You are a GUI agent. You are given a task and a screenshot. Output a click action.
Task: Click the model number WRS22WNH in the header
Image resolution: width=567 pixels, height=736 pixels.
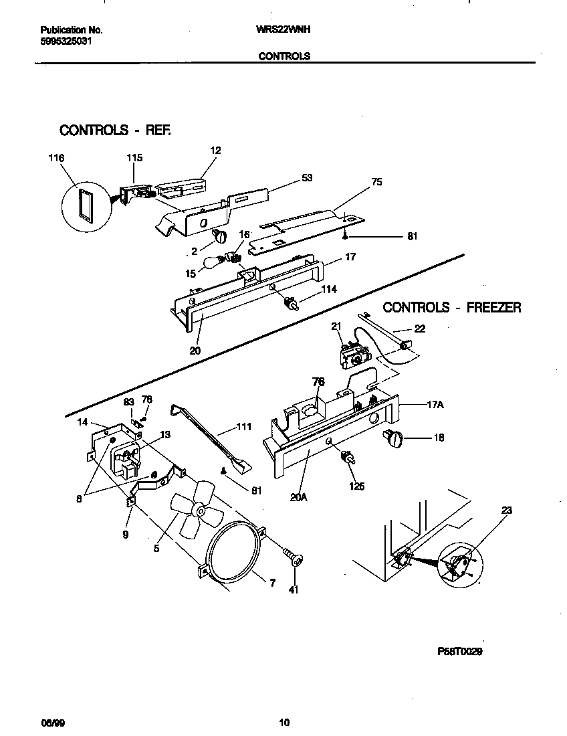tap(283, 30)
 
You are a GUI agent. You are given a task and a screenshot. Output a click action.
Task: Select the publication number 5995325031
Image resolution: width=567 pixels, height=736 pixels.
tap(66, 41)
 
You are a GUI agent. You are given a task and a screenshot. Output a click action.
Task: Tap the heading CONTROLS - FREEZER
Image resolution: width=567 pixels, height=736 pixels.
tap(451, 308)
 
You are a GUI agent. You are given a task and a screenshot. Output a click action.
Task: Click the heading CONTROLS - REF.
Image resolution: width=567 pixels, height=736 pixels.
tap(116, 130)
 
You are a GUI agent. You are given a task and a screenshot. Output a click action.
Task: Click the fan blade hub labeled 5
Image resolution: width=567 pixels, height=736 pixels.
tap(198, 510)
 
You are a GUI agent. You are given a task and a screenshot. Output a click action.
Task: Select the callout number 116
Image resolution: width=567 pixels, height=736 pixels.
tap(56, 158)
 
